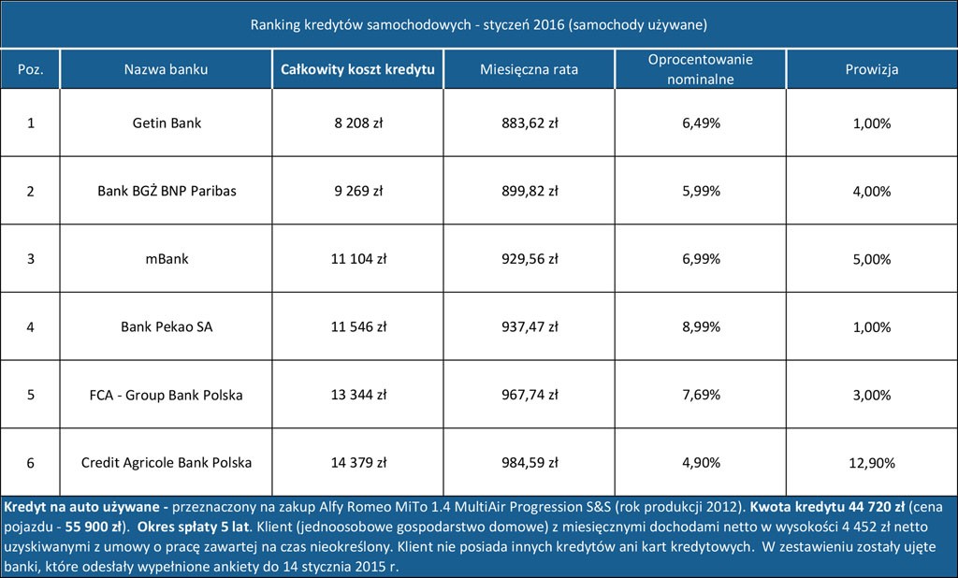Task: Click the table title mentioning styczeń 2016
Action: [x=478, y=23]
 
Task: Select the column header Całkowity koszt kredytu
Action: [x=357, y=69]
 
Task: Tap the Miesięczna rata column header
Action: [x=529, y=69]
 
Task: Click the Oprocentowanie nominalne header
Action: [x=700, y=69]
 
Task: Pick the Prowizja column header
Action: [x=871, y=69]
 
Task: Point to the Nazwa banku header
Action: [x=167, y=69]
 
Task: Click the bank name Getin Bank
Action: [x=167, y=123]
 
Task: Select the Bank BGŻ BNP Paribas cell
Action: [x=167, y=191]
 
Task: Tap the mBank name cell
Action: [x=167, y=259]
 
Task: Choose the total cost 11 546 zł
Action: [x=357, y=327]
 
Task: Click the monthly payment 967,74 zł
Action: [x=529, y=395]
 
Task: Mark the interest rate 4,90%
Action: [x=700, y=463]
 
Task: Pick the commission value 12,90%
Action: [x=871, y=463]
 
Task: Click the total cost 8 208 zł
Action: [x=357, y=123]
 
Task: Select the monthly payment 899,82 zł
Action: [x=529, y=191]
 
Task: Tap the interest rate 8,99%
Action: [x=700, y=327]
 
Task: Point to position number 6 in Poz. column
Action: [x=30, y=463]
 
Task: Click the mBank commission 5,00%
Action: [x=871, y=259]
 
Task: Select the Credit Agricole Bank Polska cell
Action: [x=167, y=463]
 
